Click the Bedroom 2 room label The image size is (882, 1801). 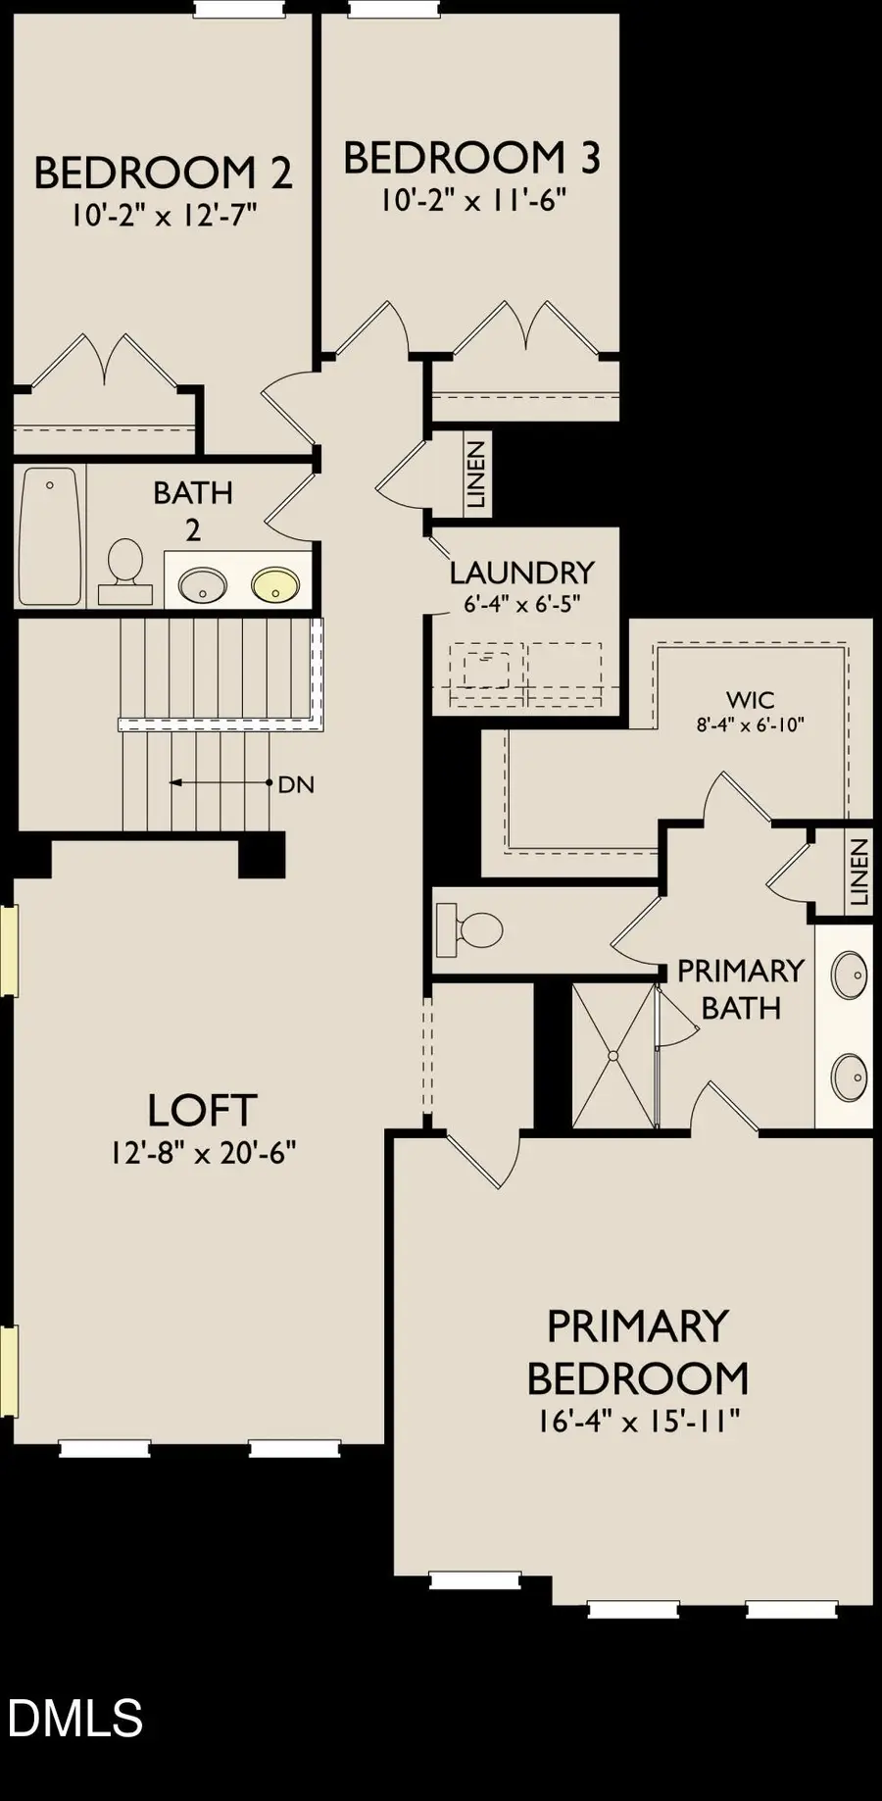163,173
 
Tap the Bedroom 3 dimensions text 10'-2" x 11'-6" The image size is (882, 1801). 474,200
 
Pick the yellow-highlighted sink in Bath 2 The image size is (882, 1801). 274,585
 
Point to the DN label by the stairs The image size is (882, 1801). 296,784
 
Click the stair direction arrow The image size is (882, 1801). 220,782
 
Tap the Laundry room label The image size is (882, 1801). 521,572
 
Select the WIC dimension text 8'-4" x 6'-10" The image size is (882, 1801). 751,725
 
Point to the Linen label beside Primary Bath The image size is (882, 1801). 859,872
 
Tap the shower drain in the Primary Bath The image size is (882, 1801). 612,1056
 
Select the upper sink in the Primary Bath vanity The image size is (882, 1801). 849,976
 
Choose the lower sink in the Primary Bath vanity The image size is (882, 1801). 849,1077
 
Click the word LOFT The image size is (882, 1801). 202,1111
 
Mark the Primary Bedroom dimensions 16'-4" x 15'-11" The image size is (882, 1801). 638,1421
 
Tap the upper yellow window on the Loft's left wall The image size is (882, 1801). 9,951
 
